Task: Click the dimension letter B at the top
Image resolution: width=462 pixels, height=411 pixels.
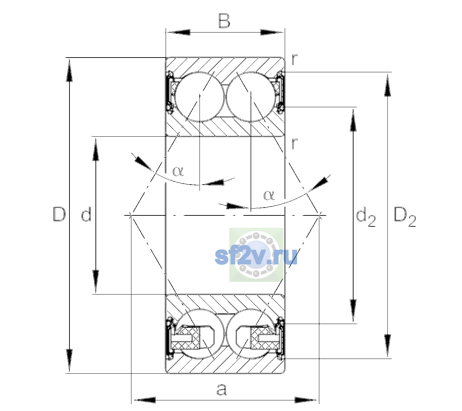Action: pos(224,21)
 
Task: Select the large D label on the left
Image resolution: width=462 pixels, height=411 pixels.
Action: pos(59,214)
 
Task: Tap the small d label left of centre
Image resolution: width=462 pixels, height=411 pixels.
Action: pos(86,214)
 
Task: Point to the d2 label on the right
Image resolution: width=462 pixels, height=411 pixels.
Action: pos(365,216)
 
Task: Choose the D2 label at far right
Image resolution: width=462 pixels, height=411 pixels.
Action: pos(405,217)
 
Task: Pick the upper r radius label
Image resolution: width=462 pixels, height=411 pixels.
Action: pos(295,60)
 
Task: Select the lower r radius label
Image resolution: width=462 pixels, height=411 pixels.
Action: pos(295,143)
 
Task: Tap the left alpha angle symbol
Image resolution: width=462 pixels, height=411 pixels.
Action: pos(178,171)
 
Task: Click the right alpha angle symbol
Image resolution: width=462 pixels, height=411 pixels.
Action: pos(269,195)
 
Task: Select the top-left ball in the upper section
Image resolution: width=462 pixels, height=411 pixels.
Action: pos(200,97)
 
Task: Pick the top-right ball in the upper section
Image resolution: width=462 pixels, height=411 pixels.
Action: pos(251,97)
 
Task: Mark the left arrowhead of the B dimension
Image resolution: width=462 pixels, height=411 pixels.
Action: pos(178,33)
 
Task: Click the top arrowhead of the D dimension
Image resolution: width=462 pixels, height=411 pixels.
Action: pos(69,70)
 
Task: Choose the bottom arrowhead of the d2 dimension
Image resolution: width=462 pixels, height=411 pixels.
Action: pos(353,311)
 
